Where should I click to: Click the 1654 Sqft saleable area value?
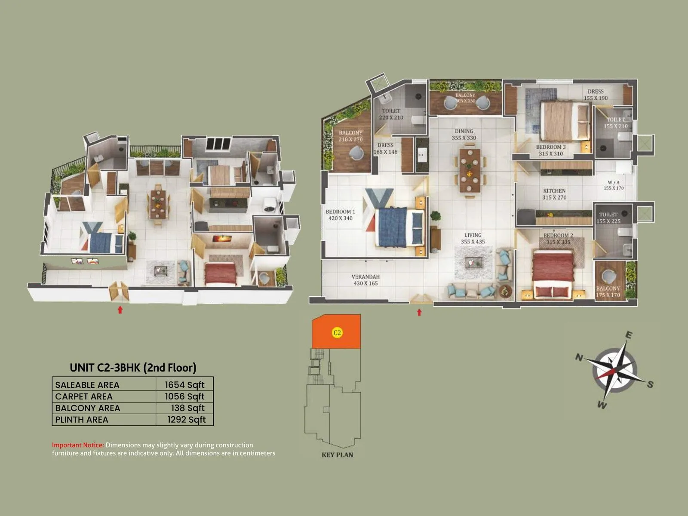(x=184, y=385)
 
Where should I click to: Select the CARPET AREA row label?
(x=84, y=396)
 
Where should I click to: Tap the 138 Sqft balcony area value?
(x=188, y=408)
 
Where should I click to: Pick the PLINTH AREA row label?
(x=82, y=420)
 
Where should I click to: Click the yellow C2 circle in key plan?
(x=337, y=332)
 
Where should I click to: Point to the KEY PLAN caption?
(x=337, y=455)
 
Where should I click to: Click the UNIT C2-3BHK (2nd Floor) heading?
(x=133, y=368)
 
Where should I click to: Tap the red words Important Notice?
(x=78, y=445)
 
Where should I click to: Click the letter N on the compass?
(x=579, y=358)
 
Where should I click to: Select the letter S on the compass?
(x=650, y=384)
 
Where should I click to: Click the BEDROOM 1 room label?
(x=340, y=215)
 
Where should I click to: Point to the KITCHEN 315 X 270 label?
(x=554, y=194)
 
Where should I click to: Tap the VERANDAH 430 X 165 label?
(x=365, y=280)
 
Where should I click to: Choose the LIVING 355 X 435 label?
(x=473, y=238)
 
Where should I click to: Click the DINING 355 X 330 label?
(x=464, y=135)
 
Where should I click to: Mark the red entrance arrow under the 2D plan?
(x=419, y=313)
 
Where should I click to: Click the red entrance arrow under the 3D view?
(x=120, y=310)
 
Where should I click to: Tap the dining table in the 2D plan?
(x=470, y=170)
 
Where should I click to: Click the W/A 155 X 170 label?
(x=613, y=185)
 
